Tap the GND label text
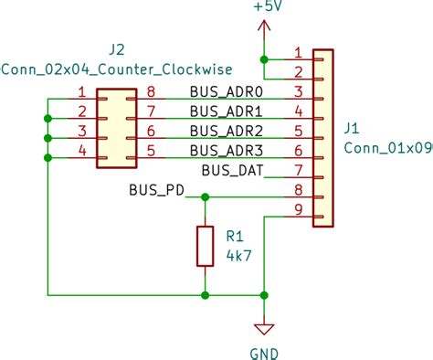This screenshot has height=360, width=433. click(x=264, y=353)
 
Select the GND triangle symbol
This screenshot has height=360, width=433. click(x=264, y=328)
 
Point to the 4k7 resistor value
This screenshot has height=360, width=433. click(x=238, y=256)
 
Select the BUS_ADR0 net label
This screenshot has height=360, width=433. click(x=226, y=91)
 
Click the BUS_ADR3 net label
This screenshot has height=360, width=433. click(x=226, y=150)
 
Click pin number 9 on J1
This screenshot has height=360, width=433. click(x=298, y=210)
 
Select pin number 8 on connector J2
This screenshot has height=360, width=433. click(x=151, y=91)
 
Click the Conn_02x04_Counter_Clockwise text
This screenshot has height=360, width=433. click(x=117, y=69)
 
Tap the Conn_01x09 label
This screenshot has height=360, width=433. click(x=387, y=147)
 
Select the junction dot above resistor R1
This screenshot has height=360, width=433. click(x=205, y=196)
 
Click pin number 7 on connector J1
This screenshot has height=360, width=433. click(x=298, y=170)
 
